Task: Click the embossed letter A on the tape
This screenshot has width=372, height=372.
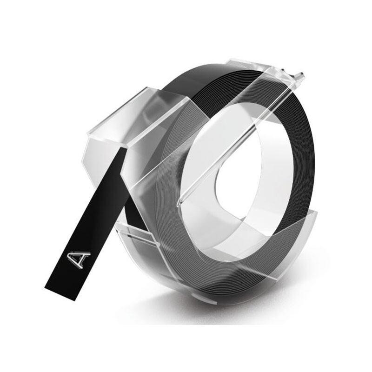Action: point(79,259)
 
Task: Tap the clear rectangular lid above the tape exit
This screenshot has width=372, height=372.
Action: point(142,114)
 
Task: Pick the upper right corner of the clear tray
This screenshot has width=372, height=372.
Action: point(317,213)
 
